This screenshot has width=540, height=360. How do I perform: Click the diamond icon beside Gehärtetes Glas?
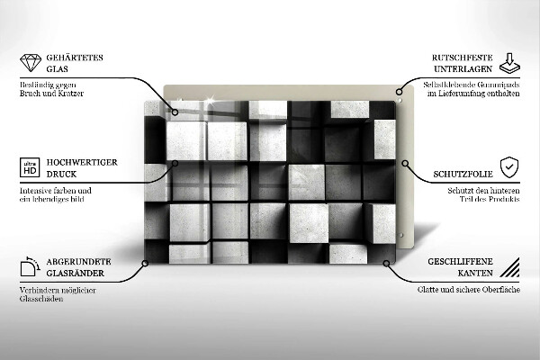[x=30, y=63]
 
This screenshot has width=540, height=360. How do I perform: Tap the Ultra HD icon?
[x=30, y=167]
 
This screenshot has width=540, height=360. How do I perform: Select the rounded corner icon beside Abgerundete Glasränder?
[x=30, y=266]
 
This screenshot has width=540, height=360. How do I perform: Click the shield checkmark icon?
[x=509, y=167]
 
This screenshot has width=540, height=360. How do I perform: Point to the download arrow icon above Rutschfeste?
[x=509, y=61]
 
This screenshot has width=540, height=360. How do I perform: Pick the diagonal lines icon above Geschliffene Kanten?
[x=509, y=266]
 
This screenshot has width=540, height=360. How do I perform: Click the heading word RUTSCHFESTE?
[x=460, y=58]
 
